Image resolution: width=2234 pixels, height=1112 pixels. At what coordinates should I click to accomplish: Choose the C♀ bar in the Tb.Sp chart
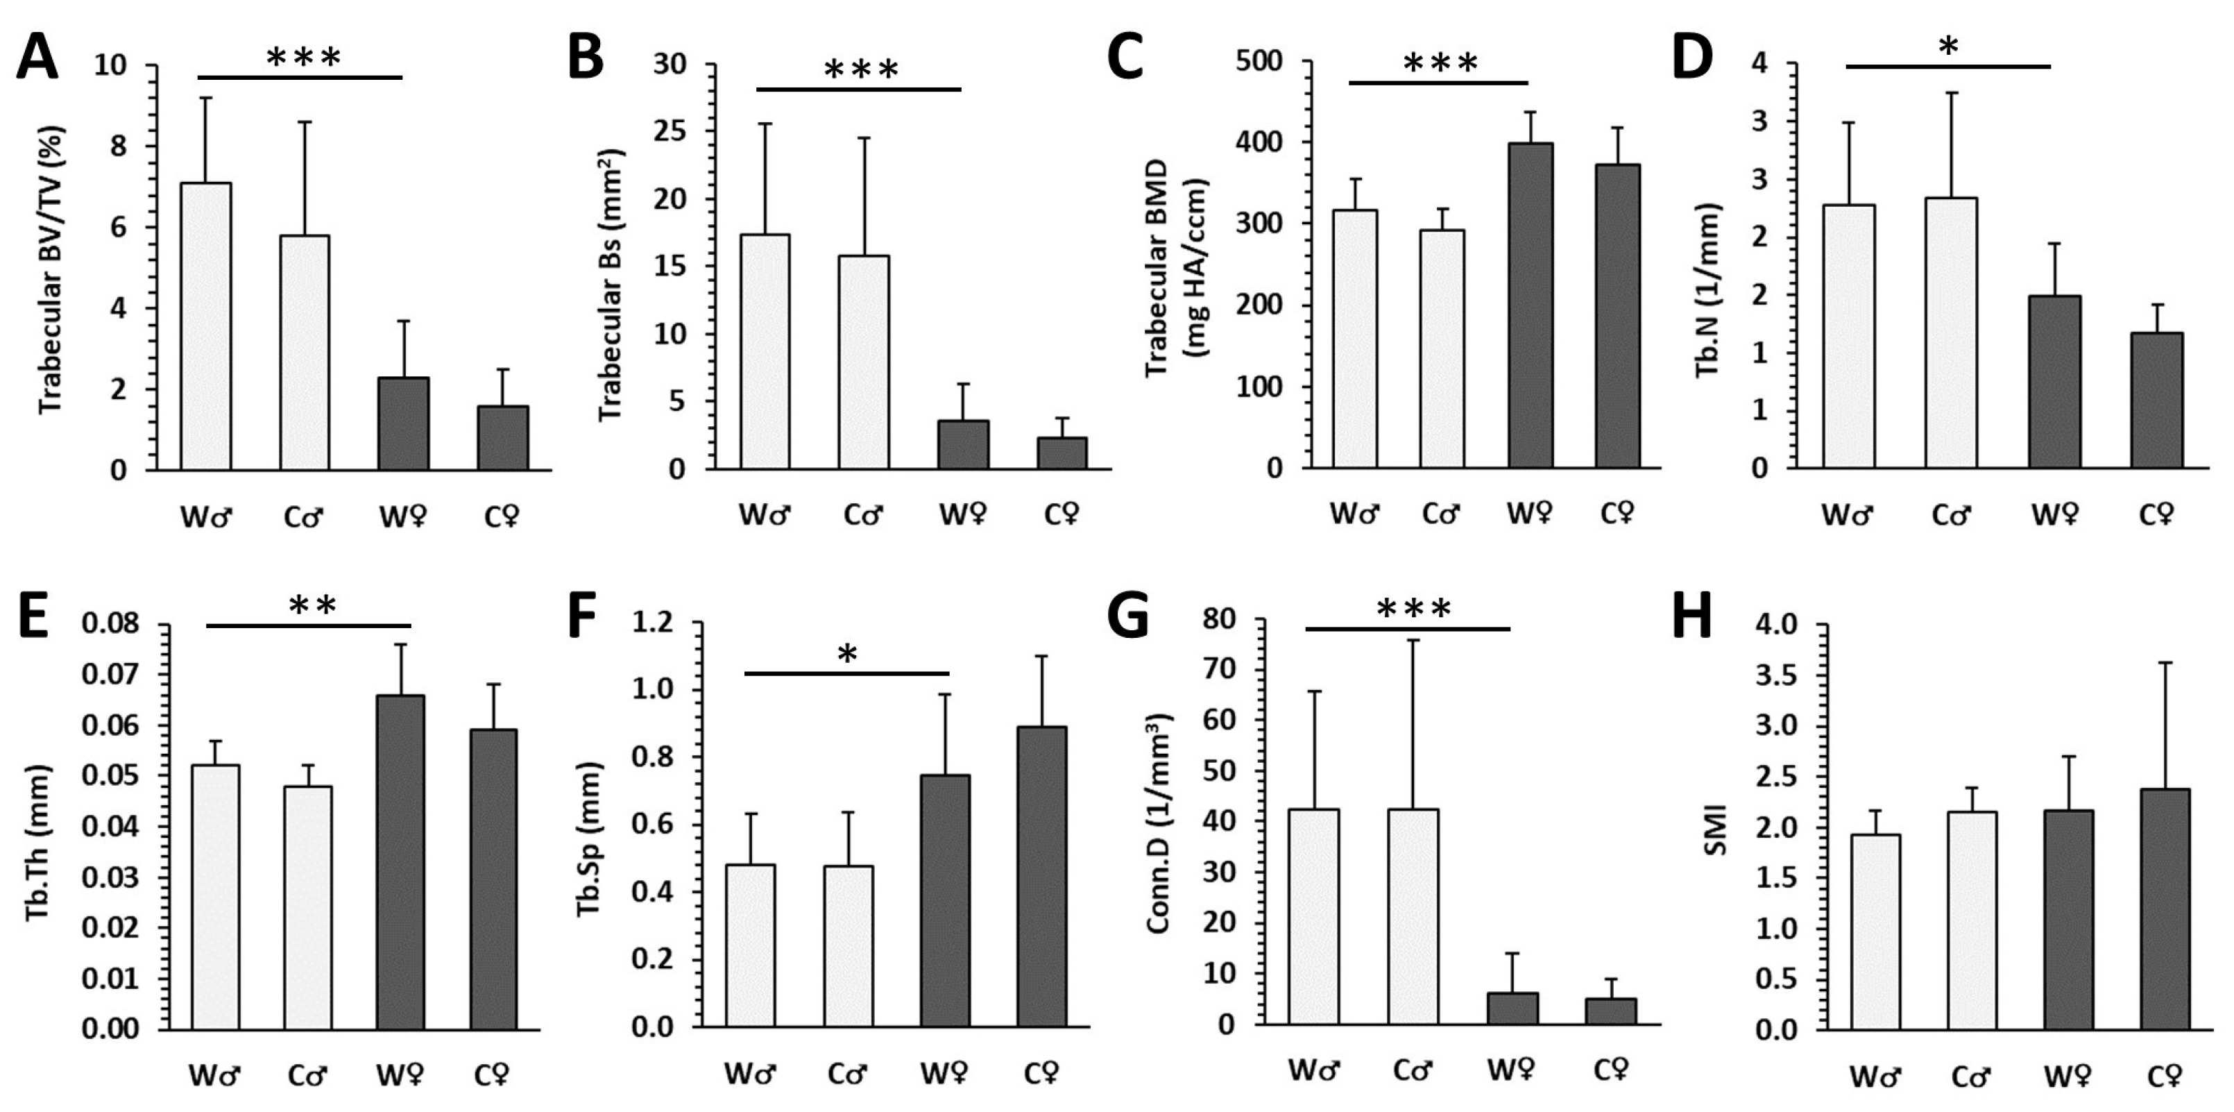(1041, 876)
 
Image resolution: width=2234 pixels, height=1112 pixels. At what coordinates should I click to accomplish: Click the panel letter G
(1129, 615)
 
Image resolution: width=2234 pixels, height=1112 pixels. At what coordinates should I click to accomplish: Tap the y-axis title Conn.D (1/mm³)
(1159, 824)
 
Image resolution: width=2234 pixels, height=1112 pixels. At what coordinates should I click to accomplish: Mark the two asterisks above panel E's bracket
(312, 605)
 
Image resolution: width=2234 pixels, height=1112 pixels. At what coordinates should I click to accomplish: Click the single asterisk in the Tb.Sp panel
(847, 654)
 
